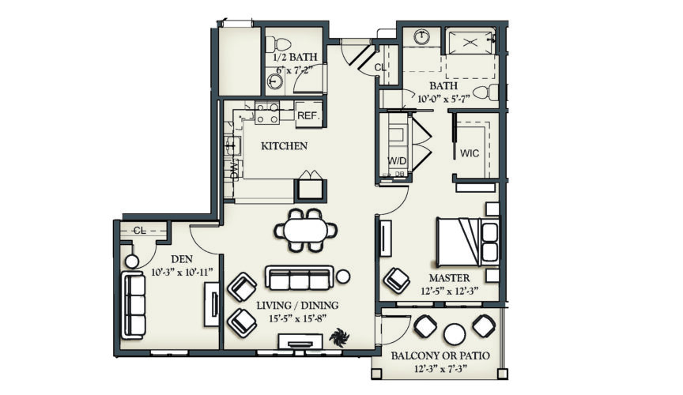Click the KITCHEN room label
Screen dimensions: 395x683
284,146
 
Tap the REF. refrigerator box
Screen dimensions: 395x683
307,115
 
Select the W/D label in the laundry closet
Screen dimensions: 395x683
396,160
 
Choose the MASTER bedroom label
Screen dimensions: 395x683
450,278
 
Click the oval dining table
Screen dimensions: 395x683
305,230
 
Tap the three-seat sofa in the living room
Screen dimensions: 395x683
298,277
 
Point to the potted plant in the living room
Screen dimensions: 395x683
338,338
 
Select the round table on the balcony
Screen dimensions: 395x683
455,334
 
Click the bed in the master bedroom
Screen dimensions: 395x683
466,240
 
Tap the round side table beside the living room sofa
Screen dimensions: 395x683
344,276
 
